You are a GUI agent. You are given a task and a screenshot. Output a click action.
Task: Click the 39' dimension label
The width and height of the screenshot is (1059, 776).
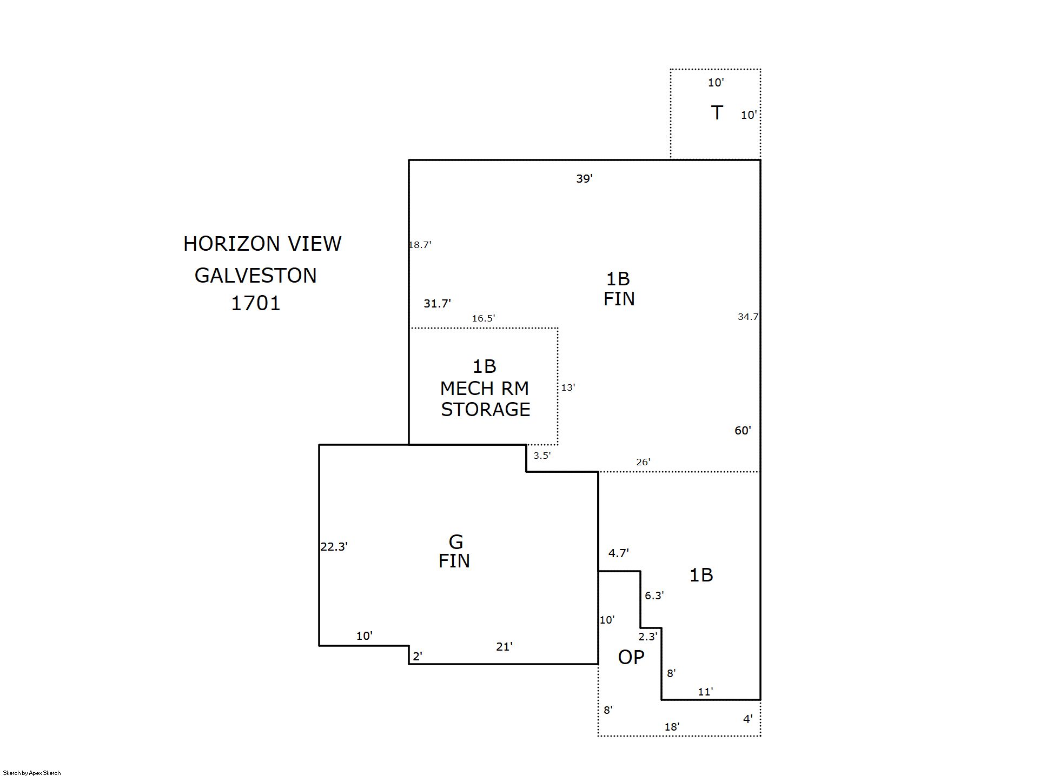tap(584, 179)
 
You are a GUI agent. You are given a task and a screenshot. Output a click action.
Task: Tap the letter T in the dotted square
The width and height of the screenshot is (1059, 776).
tap(717, 113)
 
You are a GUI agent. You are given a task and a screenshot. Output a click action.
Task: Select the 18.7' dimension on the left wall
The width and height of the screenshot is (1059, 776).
tap(420, 245)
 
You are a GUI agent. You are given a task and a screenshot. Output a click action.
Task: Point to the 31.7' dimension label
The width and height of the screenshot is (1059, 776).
tap(437, 304)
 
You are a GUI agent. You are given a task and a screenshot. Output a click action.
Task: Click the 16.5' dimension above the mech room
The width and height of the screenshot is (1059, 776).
tap(483, 318)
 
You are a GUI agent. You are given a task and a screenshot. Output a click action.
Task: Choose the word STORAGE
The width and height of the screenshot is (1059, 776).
tap(485, 410)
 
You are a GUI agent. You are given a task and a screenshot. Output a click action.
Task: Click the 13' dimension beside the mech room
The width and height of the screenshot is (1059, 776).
tap(568, 387)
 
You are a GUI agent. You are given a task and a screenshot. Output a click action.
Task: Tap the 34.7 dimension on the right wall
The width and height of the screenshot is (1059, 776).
tap(748, 317)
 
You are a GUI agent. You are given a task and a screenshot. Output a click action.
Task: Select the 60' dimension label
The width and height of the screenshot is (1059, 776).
tap(743, 431)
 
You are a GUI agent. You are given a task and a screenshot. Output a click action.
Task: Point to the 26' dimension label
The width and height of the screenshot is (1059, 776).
tap(643, 462)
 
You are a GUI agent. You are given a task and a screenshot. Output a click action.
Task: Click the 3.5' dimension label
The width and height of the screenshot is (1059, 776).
tap(542, 456)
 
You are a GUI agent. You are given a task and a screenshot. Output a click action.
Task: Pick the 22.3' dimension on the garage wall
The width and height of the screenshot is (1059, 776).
tap(334, 547)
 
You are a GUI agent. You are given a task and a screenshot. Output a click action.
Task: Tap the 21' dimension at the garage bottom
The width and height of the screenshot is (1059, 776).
tap(504, 646)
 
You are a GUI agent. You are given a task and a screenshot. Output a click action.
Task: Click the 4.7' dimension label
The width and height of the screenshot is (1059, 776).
tap(618, 553)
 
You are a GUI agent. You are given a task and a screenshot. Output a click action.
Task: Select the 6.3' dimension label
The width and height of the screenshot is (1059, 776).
tap(654, 596)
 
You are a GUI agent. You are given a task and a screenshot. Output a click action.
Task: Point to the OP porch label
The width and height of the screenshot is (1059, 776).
tap(631, 657)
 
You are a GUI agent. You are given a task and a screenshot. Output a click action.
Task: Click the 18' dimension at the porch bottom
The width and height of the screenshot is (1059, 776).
tap(672, 727)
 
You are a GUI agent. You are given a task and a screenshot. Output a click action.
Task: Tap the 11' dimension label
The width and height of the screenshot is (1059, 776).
tap(705, 692)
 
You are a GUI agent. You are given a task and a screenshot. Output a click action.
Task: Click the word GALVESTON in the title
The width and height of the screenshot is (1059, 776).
tap(255, 276)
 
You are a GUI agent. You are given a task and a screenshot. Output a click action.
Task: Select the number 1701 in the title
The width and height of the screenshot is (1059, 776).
tap(256, 303)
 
